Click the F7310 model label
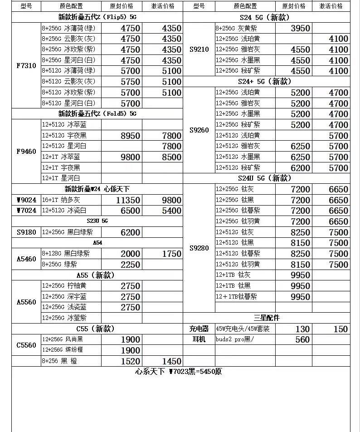[26, 65]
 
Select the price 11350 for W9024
[128, 200]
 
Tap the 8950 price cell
[130, 136]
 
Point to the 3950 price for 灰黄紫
[300, 28]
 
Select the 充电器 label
[199, 329]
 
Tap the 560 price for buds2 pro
[302, 339]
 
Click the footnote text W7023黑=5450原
[179, 372]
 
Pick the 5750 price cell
[130, 82]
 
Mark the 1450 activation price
[172, 361]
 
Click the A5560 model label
[26, 302]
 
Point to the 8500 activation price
[172, 157]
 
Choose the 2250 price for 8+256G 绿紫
[130, 265]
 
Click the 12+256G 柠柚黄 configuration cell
[64, 286]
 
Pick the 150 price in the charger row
[341, 329]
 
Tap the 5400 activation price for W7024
[172, 211]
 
